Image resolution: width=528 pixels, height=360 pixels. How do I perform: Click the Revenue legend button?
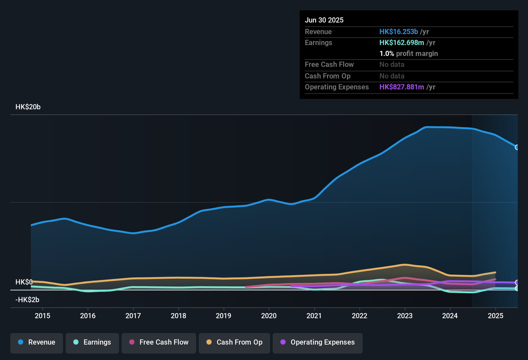pyautogui.click(x=36, y=342)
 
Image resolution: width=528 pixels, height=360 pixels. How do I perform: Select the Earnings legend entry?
pyautogui.click(x=92, y=342)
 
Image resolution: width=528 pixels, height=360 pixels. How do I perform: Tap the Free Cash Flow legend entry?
pyautogui.click(x=159, y=342)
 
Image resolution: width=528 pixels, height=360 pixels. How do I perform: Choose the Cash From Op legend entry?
pyautogui.click(x=234, y=342)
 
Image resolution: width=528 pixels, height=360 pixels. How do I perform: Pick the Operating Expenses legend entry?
pyautogui.click(x=317, y=342)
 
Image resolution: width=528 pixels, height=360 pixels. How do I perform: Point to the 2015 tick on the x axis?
pyautogui.click(x=42, y=316)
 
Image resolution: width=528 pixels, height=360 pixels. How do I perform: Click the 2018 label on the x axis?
pyautogui.click(x=178, y=316)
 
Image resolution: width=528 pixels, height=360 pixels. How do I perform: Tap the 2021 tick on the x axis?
pyautogui.click(x=314, y=316)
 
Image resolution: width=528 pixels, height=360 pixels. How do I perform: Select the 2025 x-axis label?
pyautogui.click(x=495, y=316)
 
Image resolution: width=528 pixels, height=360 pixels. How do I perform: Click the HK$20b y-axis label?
pyautogui.click(x=28, y=107)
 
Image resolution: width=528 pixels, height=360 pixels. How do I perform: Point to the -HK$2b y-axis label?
pyautogui.click(x=27, y=300)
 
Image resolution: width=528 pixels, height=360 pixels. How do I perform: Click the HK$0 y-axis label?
pyautogui.click(x=24, y=282)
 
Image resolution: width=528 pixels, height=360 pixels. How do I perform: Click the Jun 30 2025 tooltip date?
pyautogui.click(x=324, y=20)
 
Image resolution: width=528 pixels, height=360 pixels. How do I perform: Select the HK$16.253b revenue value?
pyautogui.click(x=398, y=32)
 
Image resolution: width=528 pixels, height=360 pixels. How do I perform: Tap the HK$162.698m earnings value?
pyautogui.click(x=401, y=43)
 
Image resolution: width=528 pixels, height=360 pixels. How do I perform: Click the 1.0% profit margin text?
pyautogui.click(x=408, y=54)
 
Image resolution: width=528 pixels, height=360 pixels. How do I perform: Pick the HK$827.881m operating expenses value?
pyautogui.click(x=401, y=87)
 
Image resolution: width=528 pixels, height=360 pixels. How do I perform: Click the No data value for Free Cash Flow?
pyautogui.click(x=392, y=65)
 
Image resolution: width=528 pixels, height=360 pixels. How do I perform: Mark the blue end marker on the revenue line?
pyautogui.click(x=517, y=147)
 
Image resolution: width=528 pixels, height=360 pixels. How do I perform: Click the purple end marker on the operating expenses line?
pyautogui.click(x=517, y=283)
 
